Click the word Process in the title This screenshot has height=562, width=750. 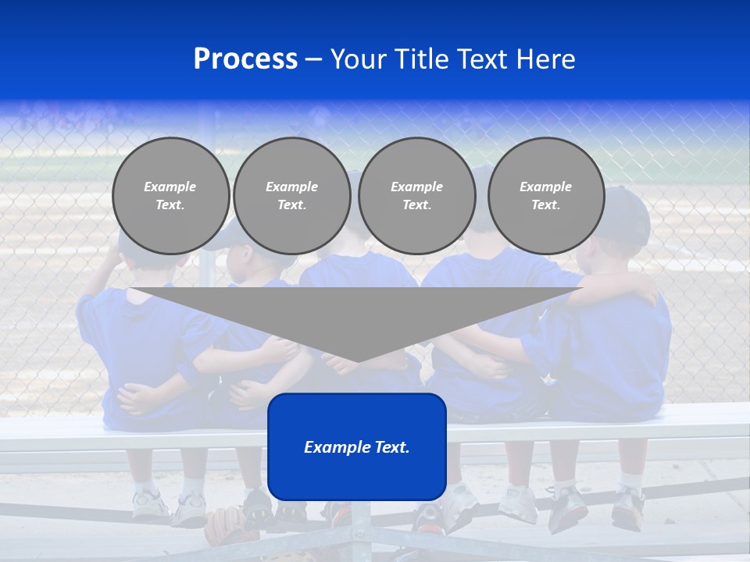[x=245, y=59]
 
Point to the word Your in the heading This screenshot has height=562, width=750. [x=359, y=59]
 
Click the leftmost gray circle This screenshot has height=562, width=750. [x=170, y=196]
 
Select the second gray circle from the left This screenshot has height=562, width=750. [x=291, y=196]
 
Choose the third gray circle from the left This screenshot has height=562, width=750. [x=416, y=196]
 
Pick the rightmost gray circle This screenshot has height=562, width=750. [x=545, y=196]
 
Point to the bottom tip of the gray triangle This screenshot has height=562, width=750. [x=357, y=360]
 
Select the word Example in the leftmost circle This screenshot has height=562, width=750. [x=170, y=187]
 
